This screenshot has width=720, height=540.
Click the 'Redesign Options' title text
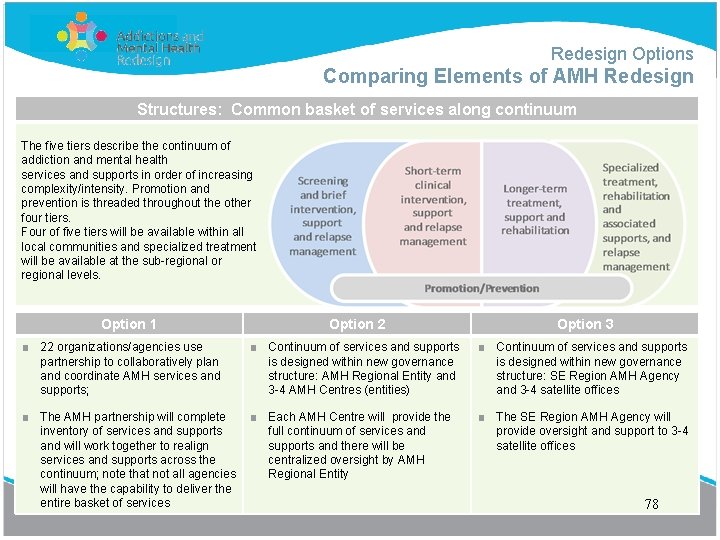click(x=621, y=54)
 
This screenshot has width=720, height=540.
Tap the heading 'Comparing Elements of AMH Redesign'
click(x=508, y=77)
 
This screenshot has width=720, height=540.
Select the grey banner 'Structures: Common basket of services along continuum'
click(x=357, y=109)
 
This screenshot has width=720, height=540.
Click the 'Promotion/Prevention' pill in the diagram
click(x=481, y=288)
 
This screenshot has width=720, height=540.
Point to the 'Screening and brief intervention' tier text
click(x=323, y=216)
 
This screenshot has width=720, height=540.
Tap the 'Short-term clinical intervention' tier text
click(x=433, y=206)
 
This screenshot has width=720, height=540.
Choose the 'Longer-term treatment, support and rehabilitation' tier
click(x=535, y=209)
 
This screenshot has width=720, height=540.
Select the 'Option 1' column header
click(x=129, y=324)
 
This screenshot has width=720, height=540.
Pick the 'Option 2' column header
click(x=357, y=324)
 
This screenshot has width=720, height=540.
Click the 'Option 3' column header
click(x=585, y=324)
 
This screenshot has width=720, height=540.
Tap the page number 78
click(x=651, y=504)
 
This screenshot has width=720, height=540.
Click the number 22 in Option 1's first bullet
click(x=47, y=347)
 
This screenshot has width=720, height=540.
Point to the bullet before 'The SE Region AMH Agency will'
click(x=482, y=417)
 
